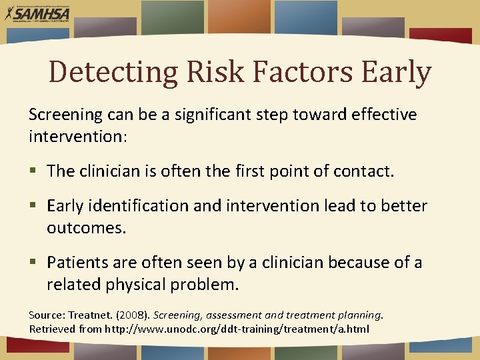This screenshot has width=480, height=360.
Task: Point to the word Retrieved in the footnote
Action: click(x=51, y=329)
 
